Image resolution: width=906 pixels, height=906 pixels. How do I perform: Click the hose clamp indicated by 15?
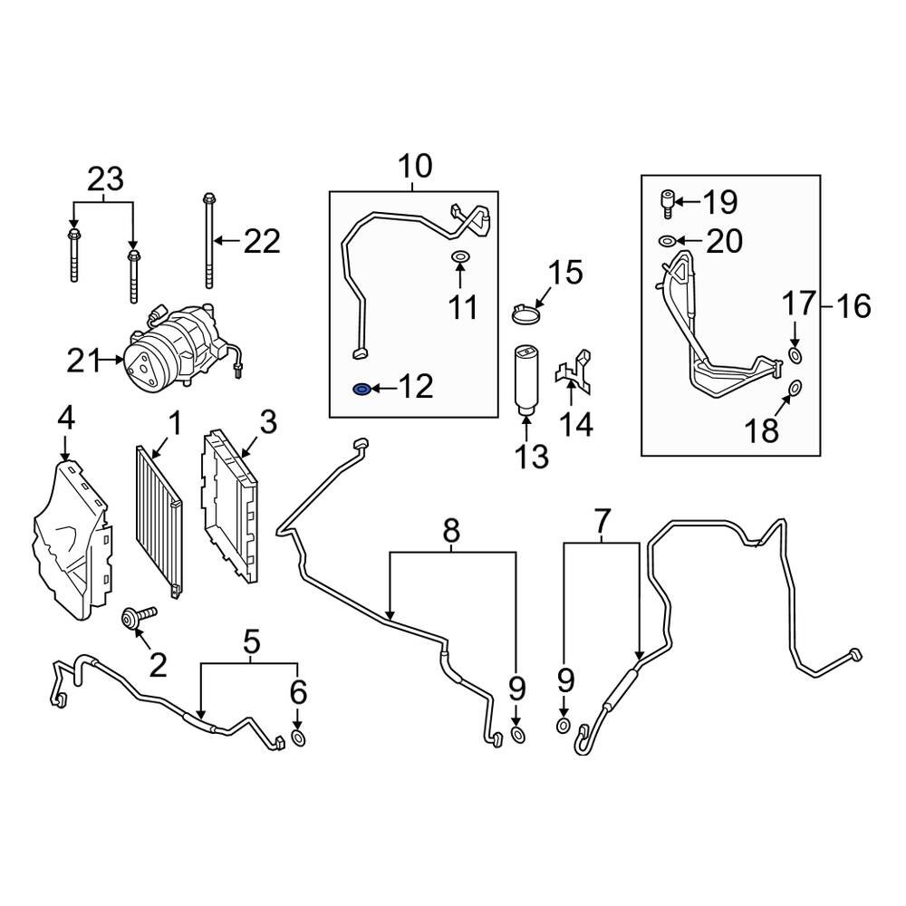[523, 313]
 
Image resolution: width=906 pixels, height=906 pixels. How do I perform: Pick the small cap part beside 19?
[667, 201]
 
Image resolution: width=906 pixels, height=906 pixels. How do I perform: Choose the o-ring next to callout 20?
[666, 241]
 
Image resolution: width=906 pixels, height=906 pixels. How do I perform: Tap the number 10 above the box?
[416, 167]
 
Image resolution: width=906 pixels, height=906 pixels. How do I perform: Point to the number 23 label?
[104, 179]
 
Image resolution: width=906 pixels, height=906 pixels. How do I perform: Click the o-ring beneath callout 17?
[795, 353]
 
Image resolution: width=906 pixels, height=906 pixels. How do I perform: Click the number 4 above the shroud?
[65, 419]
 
